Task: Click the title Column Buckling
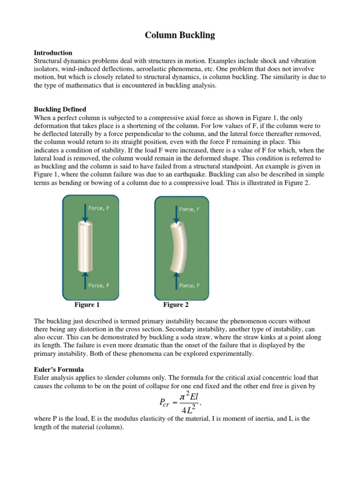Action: pyautogui.click(x=180, y=36)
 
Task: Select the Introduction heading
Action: pyautogui.click(x=53, y=53)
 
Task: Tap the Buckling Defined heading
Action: pyautogui.click(x=60, y=109)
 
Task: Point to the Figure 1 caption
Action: pyautogui.click(x=87, y=305)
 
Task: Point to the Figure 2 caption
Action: pyautogui.click(x=176, y=305)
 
